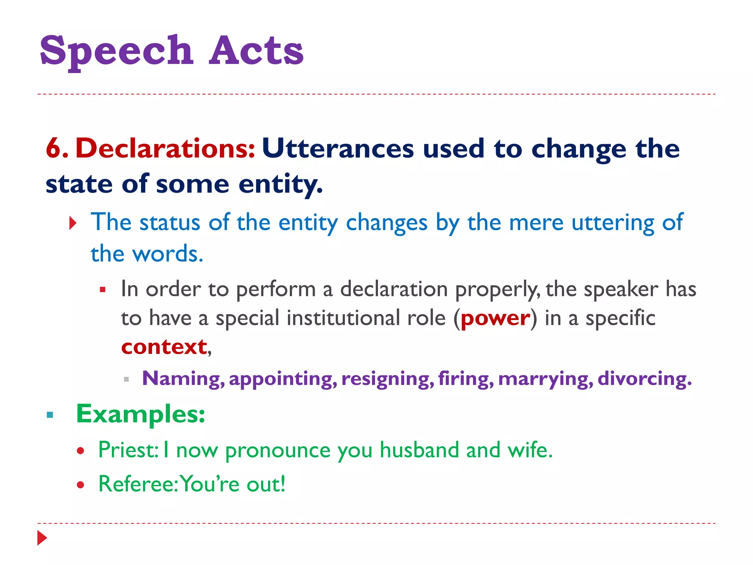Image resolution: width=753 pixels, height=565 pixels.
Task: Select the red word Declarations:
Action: (x=165, y=149)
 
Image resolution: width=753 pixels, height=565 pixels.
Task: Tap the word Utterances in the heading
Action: (x=338, y=149)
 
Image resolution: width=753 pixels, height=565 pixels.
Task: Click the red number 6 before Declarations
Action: (x=54, y=149)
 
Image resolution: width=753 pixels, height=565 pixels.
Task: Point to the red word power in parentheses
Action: (x=495, y=319)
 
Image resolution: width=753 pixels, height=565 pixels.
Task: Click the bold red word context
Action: (x=164, y=347)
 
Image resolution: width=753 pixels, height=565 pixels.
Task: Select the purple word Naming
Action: (x=182, y=379)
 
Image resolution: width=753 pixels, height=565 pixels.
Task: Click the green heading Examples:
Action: (x=140, y=414)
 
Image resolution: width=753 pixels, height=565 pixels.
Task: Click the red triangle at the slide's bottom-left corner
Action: (x=42, y=538)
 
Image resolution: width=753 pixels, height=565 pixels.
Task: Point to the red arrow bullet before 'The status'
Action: (x=73, y=223)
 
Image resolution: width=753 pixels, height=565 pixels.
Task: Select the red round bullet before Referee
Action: (x=81, y=485)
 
